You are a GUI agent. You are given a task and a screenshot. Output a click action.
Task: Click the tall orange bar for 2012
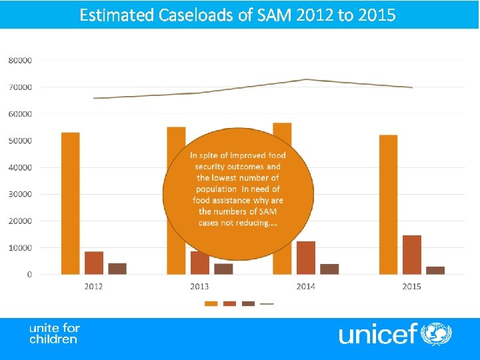pyautogui.click(x=70, y=203)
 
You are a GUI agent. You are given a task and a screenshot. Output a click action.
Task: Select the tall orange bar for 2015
pyautogui.click(x=388, y=205)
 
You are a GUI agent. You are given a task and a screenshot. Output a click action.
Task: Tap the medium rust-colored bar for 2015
pyautogui.click(x=412, y=255)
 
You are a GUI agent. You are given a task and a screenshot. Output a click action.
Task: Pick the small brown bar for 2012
pyautogui.click(x=117, y=269)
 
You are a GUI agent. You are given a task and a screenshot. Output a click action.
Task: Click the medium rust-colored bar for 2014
pyautogui.click(x=306, y=257)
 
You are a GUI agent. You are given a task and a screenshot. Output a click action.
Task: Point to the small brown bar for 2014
pyautogui.click(x=329, y=269)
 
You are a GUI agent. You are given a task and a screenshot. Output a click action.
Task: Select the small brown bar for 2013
pyautogui.click(x=223, y=269)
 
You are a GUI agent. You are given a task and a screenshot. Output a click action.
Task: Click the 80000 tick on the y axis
pyautogui.click(x=20, y=60)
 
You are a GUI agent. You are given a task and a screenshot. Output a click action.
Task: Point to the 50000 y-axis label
pyautogui.click(x=20, y=141)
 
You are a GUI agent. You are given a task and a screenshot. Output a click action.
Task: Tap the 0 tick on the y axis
pyautogui.click(x=29, y=274)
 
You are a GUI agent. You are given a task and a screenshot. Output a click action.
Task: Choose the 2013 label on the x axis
pyautogui.click(x=199, y=286)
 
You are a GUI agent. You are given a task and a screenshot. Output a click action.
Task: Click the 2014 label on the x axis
pyautogui.click(x=305, y=286)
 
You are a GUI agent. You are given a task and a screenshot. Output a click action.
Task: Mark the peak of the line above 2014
pyautogui.click(x=305, y=79)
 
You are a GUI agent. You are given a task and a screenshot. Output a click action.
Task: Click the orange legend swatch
pyautogui.click(x=211, y=303)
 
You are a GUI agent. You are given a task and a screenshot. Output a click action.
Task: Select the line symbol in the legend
pyautogui.click(x=267, y=303)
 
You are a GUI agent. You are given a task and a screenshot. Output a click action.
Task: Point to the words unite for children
pyautogui.click(x=54, y=333)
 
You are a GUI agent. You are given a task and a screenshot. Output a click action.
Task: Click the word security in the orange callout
pyautogui.click(x=211, y=167)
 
